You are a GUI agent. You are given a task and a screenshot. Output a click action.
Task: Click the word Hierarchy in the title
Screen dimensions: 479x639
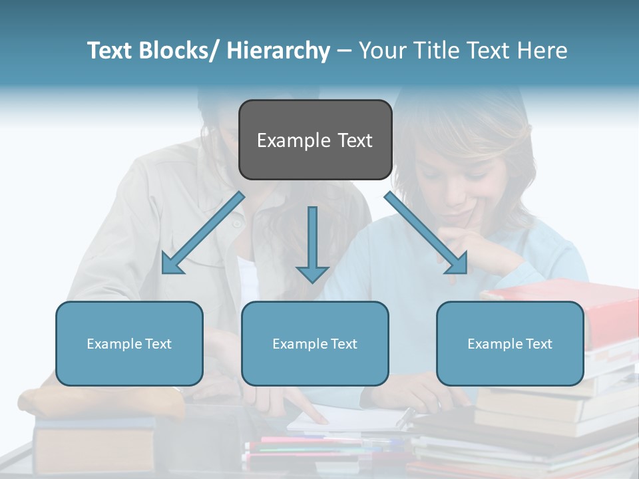pos(279,51)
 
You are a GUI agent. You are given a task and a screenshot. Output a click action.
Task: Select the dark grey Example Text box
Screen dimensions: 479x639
pos(315,140)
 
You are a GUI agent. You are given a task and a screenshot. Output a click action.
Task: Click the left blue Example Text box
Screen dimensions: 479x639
pos(129,343)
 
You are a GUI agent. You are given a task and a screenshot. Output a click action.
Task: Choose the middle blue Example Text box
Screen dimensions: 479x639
pos(315,343)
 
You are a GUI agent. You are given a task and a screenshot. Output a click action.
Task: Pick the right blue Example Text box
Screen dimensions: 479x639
pos(510,343)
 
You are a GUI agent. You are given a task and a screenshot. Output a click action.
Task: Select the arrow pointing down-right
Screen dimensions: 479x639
pos(427,233)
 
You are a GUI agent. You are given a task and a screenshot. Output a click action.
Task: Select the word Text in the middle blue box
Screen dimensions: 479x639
pos(343,344)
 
